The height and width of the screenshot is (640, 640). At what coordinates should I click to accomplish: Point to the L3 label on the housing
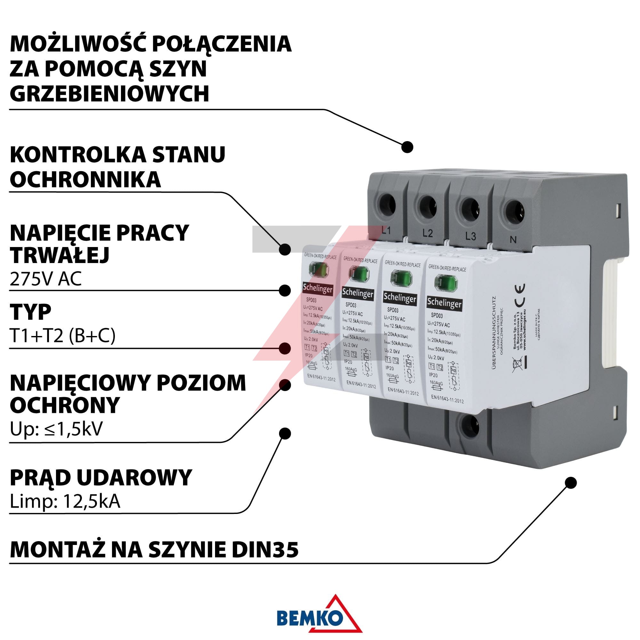[470, 236]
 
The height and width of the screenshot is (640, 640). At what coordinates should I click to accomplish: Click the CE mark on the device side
[519, 294]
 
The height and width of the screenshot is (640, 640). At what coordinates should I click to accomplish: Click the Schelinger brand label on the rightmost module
[444, 303]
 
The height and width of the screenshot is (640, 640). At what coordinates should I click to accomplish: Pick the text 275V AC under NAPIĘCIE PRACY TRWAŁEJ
[46, 279]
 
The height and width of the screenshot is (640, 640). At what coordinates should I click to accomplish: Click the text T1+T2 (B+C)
[63, 336]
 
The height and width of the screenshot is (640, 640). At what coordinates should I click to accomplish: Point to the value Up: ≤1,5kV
[56, 429]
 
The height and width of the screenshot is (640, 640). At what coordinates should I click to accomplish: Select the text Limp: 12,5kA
[65, 501]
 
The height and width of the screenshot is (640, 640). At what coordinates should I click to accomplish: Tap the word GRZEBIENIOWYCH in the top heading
[110, 93]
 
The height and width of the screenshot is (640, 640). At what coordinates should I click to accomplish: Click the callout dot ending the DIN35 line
[571, 483]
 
